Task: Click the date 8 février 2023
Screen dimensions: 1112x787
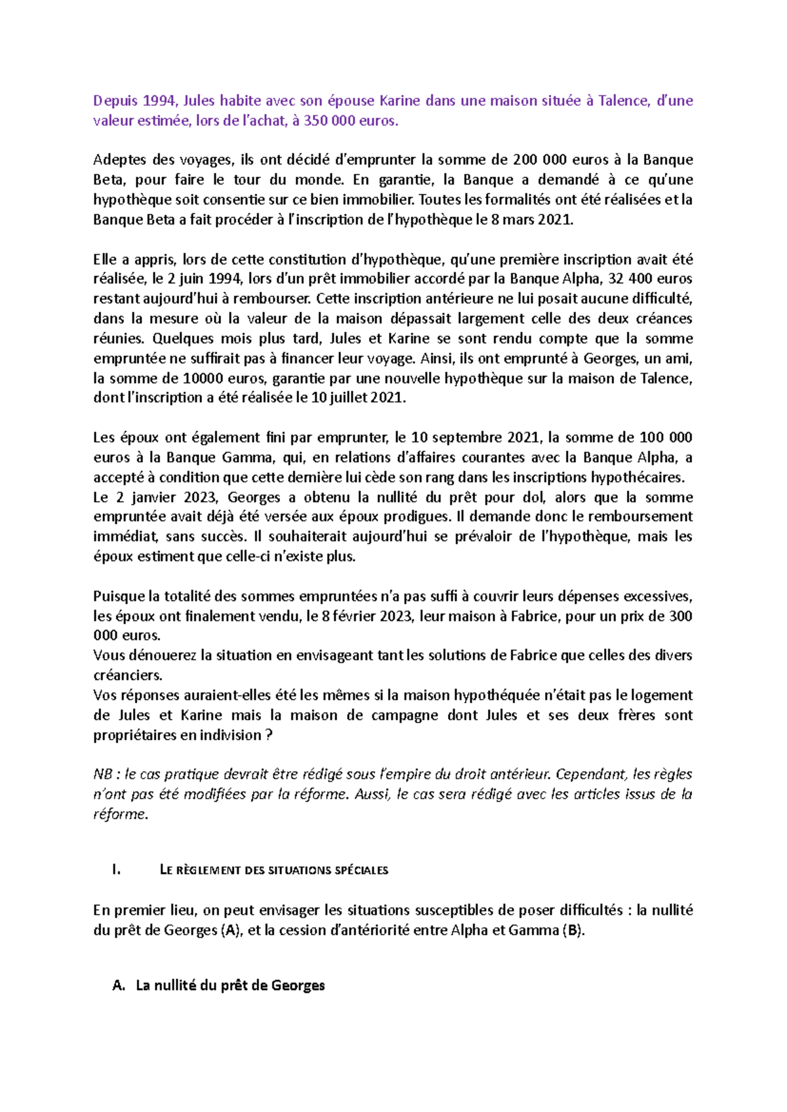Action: click(367, 616)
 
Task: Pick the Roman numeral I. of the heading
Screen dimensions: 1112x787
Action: click(117, 871)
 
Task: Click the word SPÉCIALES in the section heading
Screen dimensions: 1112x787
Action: click(361, 871)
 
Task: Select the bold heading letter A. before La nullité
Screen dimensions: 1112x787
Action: click(119, 985)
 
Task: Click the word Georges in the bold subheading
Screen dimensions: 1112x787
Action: click(298, 985)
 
